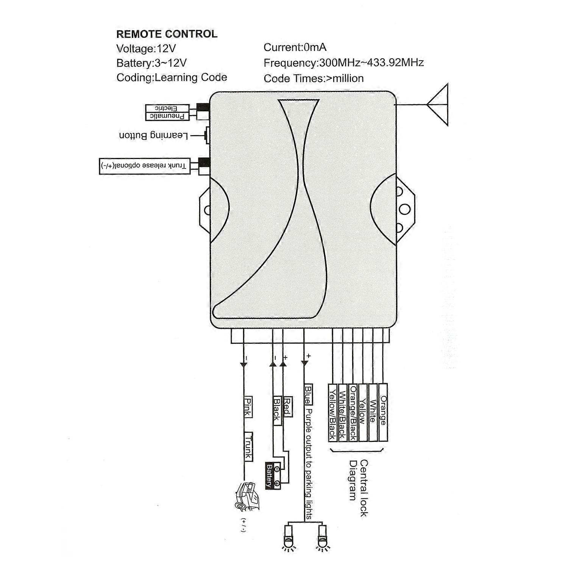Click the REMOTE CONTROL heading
click(167, 34)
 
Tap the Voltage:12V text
click(146, 48)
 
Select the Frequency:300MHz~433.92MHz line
click(343, 62)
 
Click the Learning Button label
click(153, 135)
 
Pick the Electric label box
click(167, 108)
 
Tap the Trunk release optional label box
click(144, 166)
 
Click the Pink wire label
click(248, 407)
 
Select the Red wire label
click(287, 407)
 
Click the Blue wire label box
click(308, 395)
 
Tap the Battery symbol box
click(273, 477)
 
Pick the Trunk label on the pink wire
click(248, 447)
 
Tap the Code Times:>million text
click(314, 78)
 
